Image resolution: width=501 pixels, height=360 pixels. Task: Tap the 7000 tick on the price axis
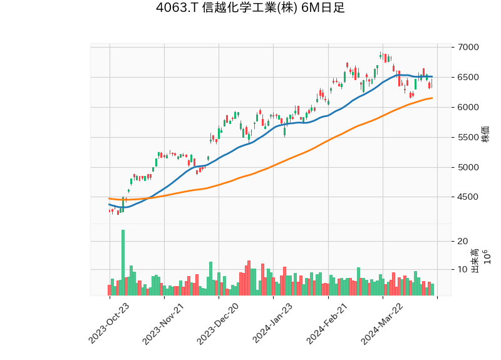[x=468, y=48]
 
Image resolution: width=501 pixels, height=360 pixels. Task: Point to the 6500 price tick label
[x=468, y=78]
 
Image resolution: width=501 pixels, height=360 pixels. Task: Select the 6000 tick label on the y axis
[x=468, y=108]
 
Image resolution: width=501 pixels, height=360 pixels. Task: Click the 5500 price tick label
[x=468, y=138]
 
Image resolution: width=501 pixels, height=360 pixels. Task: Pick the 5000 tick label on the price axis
[x=468, y=167]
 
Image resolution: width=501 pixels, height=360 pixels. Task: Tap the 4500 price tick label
[x=468, y=197]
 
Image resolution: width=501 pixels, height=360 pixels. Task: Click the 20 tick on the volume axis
[x=463, y=241]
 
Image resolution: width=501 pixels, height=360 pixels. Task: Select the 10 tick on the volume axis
[x=463, y=270]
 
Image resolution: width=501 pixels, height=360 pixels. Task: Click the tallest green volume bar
[x=123, y=263]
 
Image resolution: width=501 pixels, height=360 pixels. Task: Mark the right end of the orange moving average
[x=432, y=98]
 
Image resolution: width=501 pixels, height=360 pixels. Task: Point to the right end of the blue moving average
[x=432, y=76]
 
